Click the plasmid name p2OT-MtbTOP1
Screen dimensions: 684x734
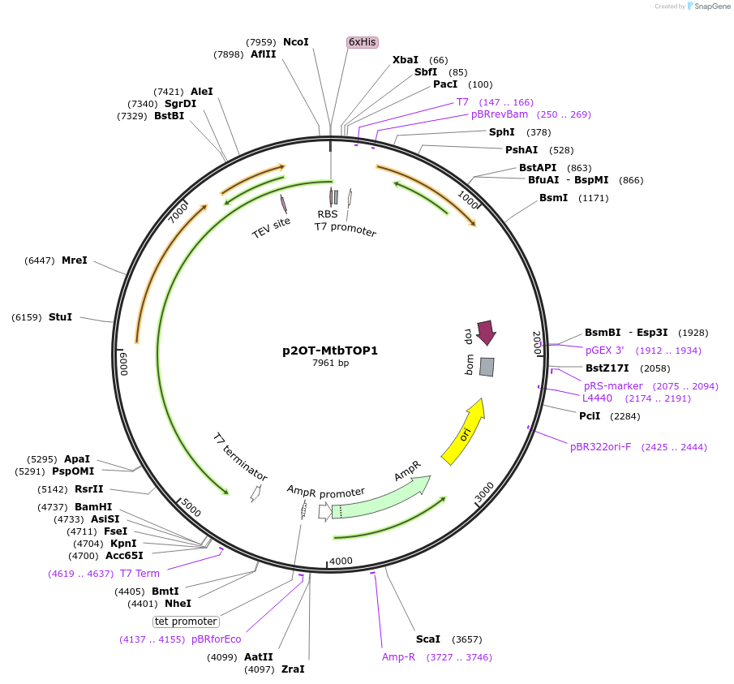330,351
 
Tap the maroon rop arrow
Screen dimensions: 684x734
486,331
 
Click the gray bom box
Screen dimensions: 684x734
487,367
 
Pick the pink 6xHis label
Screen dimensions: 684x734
363,42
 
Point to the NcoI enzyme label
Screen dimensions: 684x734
295,42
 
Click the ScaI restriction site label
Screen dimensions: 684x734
427,639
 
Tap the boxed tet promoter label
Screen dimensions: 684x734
187,622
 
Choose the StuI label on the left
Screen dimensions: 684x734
60,317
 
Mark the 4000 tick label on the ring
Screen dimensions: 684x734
341,561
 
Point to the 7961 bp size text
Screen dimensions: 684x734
330,364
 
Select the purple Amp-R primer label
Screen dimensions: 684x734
398,657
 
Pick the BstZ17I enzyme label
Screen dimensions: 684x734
607,368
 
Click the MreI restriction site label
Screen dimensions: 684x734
74,260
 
